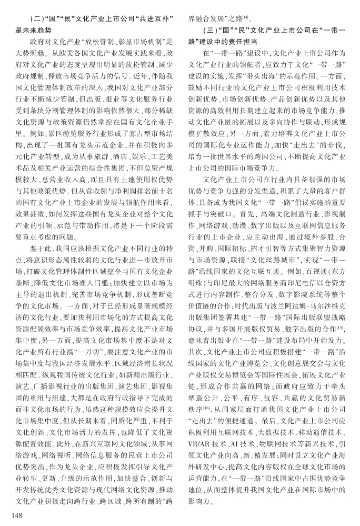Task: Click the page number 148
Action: (x=12, y=514)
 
